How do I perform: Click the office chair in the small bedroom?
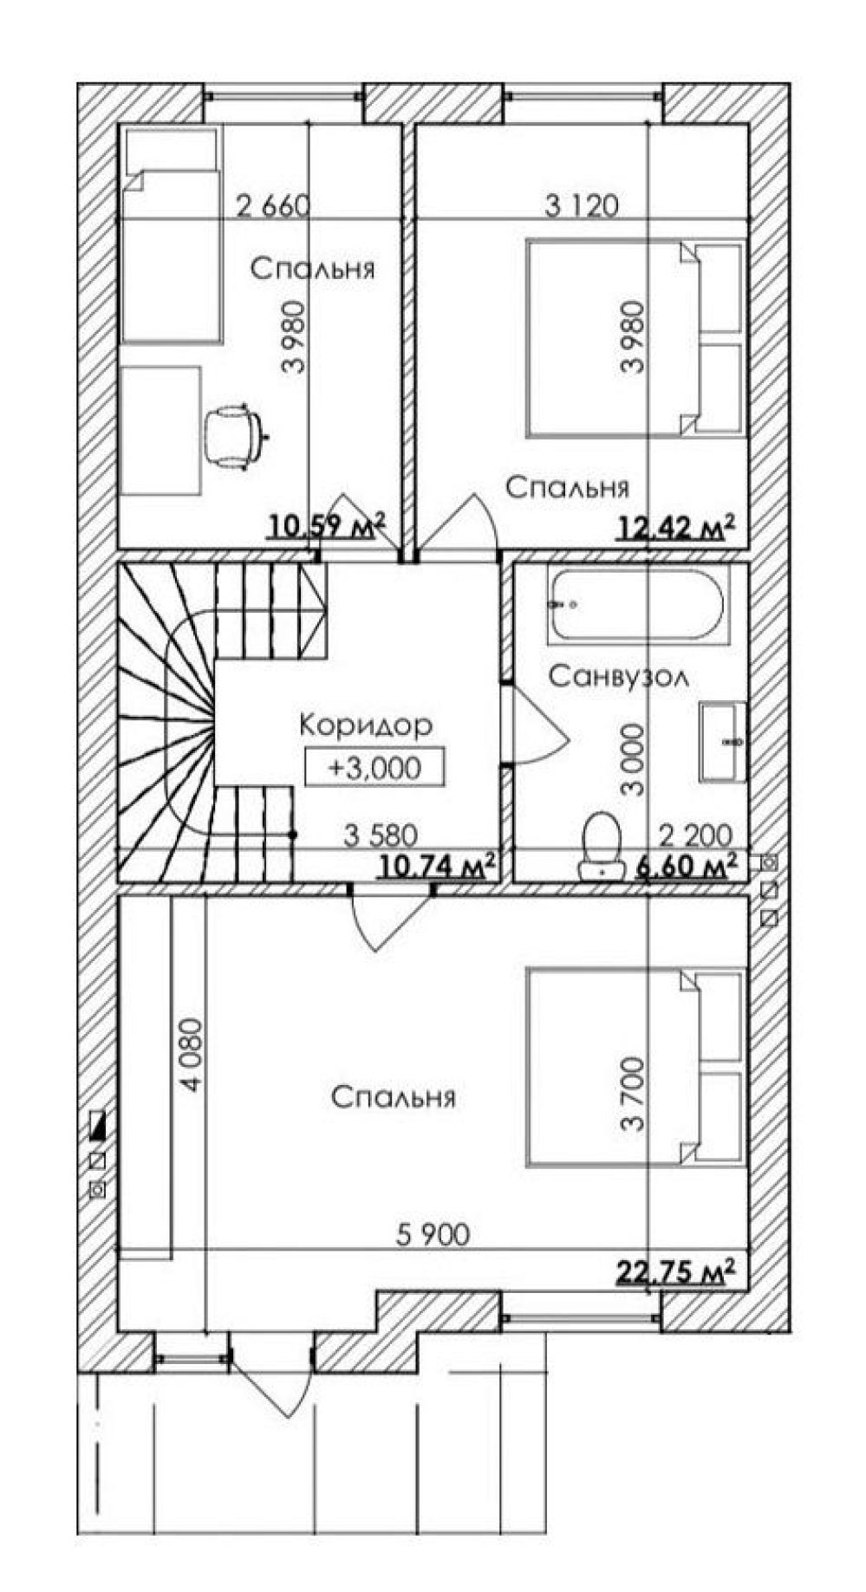tap(232, 436)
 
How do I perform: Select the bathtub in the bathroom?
tap(639, 605)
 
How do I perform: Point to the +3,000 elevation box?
tap(374, 766)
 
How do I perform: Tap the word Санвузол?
tap(619, 675)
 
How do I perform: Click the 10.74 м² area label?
tap(439, 865)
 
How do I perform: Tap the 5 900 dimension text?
tap(433, 1234)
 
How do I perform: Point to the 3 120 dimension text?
tap(582, 206)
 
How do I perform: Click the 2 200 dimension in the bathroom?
tap(696, 835)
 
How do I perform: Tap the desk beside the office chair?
tap(160, 431)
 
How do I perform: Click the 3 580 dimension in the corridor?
tap(381, 835)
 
